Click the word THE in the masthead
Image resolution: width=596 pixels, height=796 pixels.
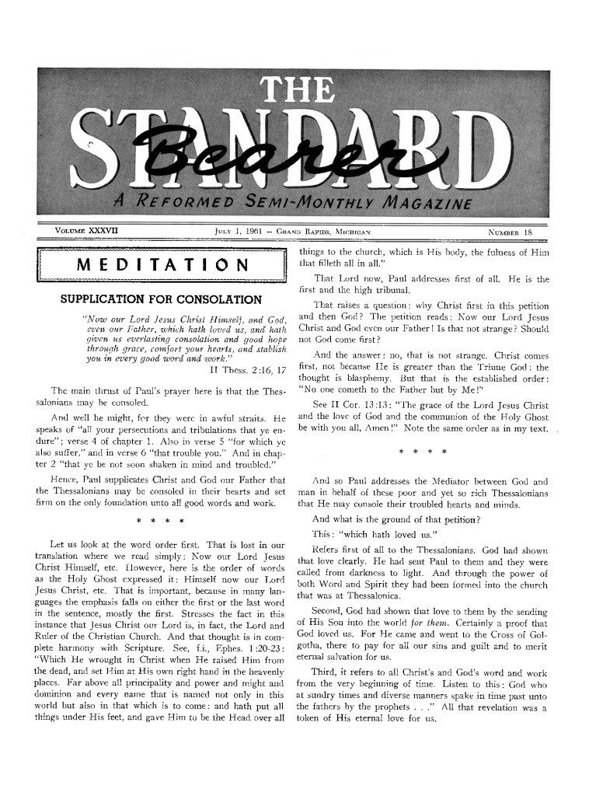298,94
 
